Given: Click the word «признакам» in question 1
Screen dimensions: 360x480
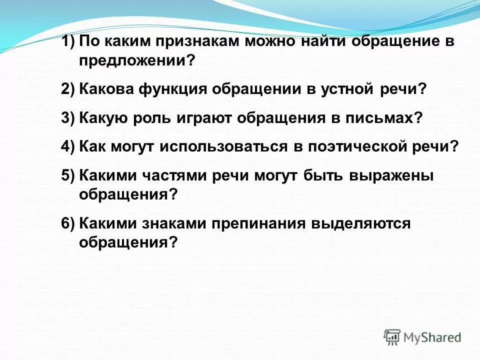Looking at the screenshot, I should point(192,41).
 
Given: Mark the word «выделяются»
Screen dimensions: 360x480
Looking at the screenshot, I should point(360,223).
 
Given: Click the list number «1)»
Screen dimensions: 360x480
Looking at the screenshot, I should point(68,41).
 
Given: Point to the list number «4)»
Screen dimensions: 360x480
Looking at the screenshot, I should point(68,146).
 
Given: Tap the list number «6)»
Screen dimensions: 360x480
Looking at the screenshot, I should point(68,223).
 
